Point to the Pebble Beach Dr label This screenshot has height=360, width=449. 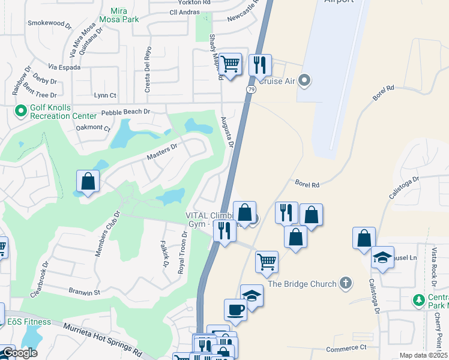click(x=125, y=112)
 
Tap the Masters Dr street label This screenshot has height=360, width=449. click(x=162, y=151)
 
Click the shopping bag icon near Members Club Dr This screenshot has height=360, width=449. click(x=88, y=181)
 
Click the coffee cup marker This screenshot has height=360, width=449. click(x=236, y=310)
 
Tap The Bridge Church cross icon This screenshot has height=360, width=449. click(x=345, y=283)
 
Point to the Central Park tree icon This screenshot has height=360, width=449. click(x=418, y=299)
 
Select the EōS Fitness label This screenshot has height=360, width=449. click(x=29, y=322)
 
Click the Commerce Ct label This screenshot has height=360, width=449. click(x=346, y=348)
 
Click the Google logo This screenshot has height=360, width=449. click(x=20, y=353)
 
